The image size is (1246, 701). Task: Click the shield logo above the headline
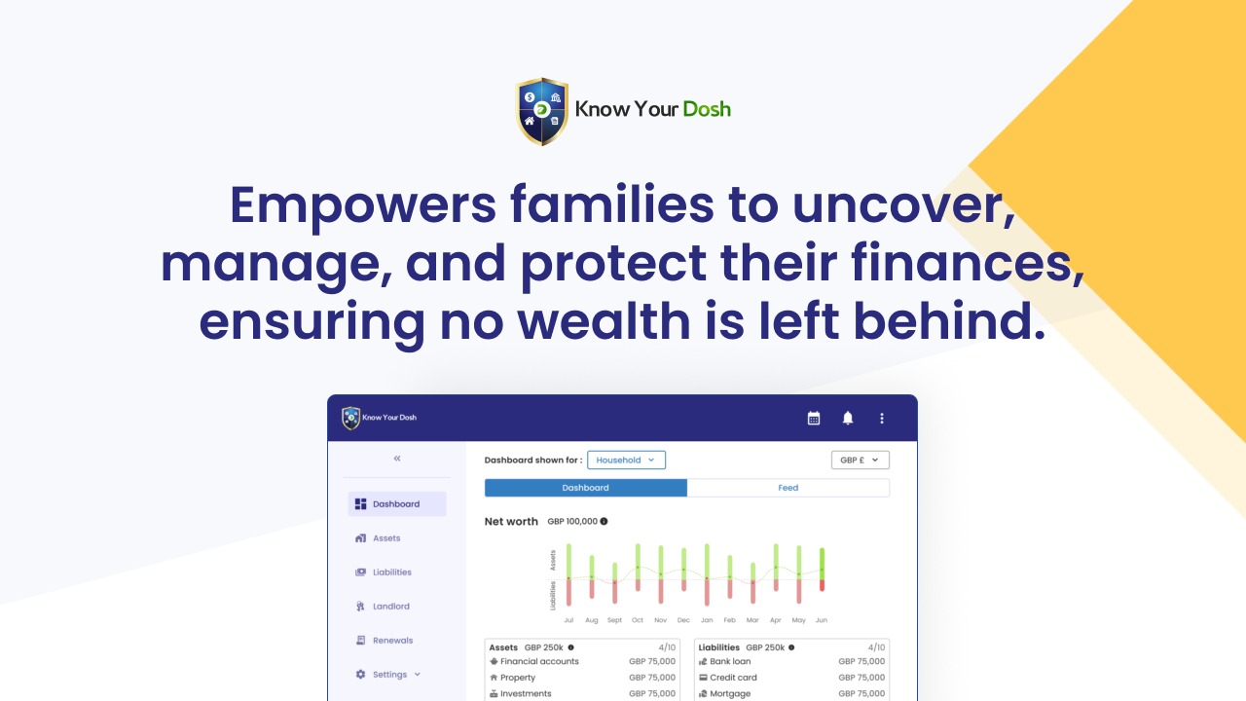tap(542, 111)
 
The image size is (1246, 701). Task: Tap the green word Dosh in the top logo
tap(707, 109)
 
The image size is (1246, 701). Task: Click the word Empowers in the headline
tap(363, 204)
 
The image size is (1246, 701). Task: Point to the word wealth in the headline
tap(605, 320)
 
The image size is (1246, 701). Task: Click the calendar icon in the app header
tap(813, 418)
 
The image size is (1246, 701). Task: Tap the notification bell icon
tap(847, 418)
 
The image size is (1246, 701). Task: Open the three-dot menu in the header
tap(882, 418)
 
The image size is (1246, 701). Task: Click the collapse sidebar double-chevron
tap(397, 459)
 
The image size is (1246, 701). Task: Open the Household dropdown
tap(626, 461)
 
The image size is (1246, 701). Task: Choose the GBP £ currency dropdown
tap(860, 461)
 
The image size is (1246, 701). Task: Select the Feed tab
tap(788, 488)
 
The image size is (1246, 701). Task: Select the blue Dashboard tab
tap(586, 488)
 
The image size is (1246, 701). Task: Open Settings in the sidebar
tap(388, 675)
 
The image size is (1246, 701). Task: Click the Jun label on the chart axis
tap(821, 620)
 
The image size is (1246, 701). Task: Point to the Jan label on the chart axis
tap(707, 620)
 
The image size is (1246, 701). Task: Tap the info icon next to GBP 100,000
tap(604, 521)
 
